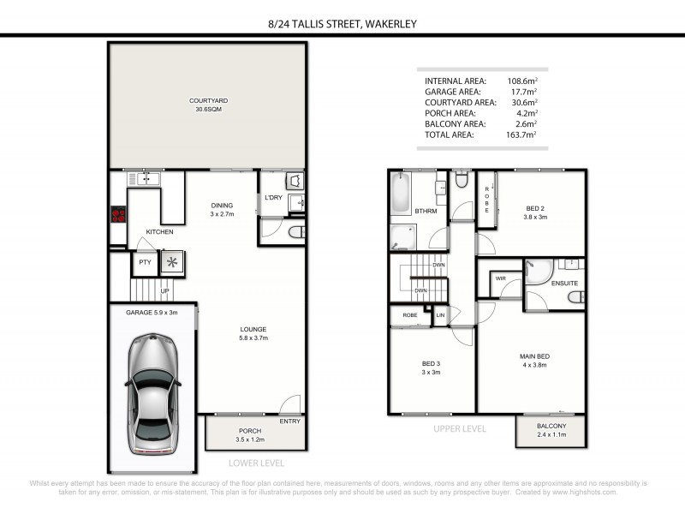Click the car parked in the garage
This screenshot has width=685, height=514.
pos(152,393)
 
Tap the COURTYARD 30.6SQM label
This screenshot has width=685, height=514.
pos(206,105)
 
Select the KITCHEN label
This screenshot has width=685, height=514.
pos(159,232)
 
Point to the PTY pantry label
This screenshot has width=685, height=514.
pos(145,262)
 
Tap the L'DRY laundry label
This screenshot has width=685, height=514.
pos(273,198)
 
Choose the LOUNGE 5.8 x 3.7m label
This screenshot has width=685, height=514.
pos(253,333)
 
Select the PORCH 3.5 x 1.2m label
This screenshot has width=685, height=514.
pos(250,435)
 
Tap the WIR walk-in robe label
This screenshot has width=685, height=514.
pos(500,278)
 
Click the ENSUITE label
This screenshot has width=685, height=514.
pos(563,283)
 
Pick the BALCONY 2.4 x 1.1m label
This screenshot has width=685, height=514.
pos(551,431)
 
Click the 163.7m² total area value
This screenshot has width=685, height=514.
pos(521,134)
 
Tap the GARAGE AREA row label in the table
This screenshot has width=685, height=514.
pos(452,91)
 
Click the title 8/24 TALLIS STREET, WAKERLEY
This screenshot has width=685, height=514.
pos(342,24)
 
